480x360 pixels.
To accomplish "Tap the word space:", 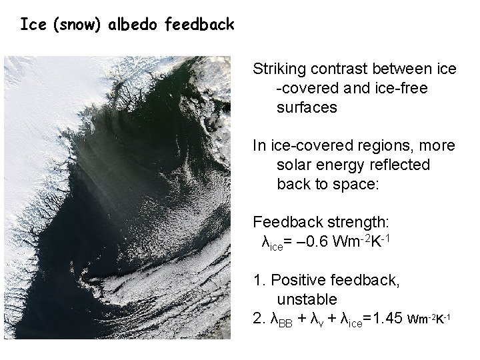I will (x=354, y=183).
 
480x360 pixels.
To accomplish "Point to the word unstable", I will (x=307, y=298).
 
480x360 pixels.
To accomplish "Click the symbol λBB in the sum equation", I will (x=279, y=319).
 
